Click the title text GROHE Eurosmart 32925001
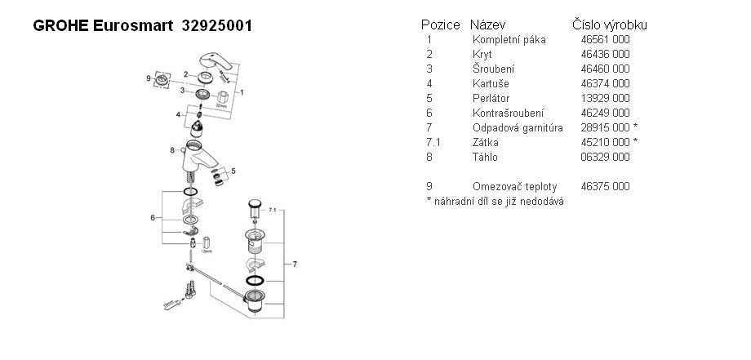[142, 26]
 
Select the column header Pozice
[440, 25]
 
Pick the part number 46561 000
[605, 39]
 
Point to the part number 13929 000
[605, 98]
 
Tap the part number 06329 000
[605, 157]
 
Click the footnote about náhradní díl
[495, 201]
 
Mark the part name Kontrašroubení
[508, 113]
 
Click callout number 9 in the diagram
[149, 78]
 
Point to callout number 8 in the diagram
[172, 150]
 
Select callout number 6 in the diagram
[152, 217]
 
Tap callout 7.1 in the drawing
[274, 211]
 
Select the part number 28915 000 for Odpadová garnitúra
[609, 127]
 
